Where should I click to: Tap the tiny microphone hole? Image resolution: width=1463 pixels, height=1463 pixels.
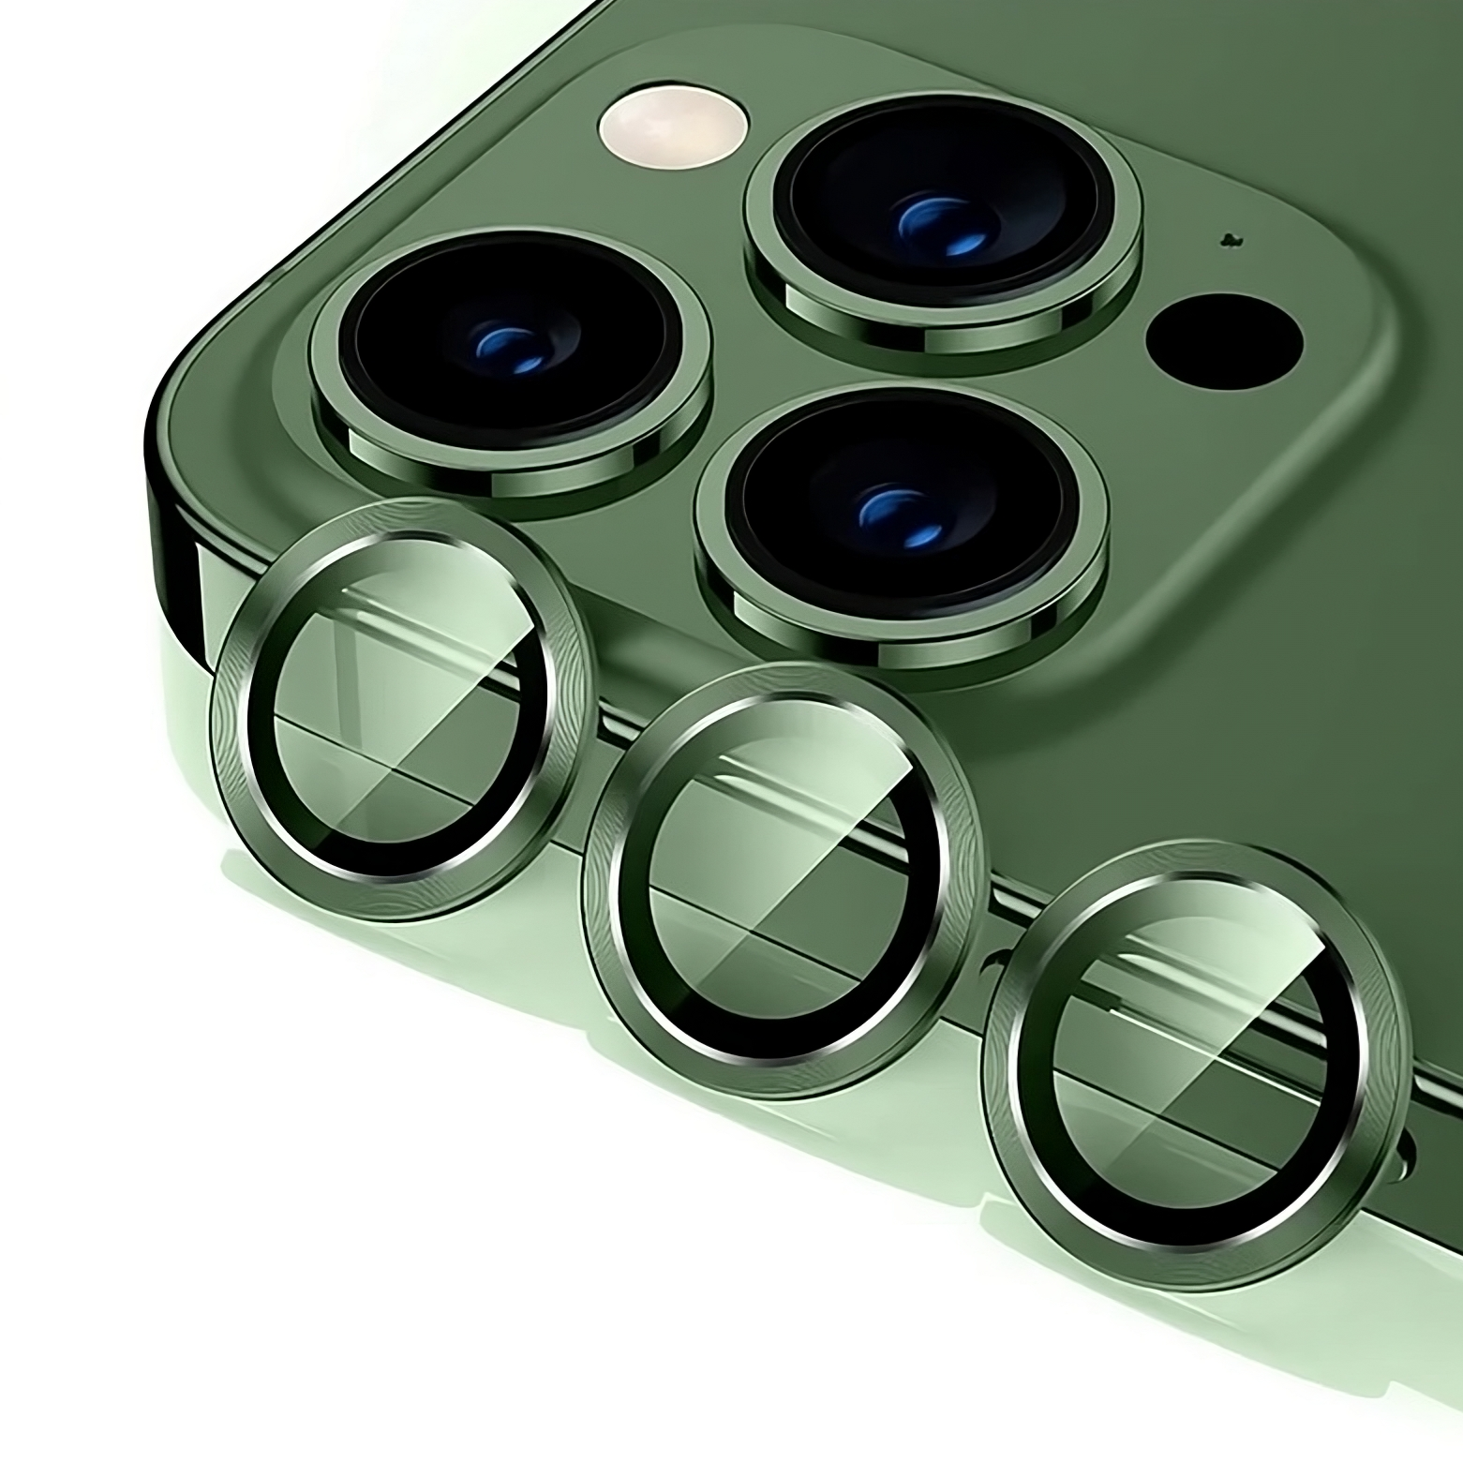[x=1226, y=240]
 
